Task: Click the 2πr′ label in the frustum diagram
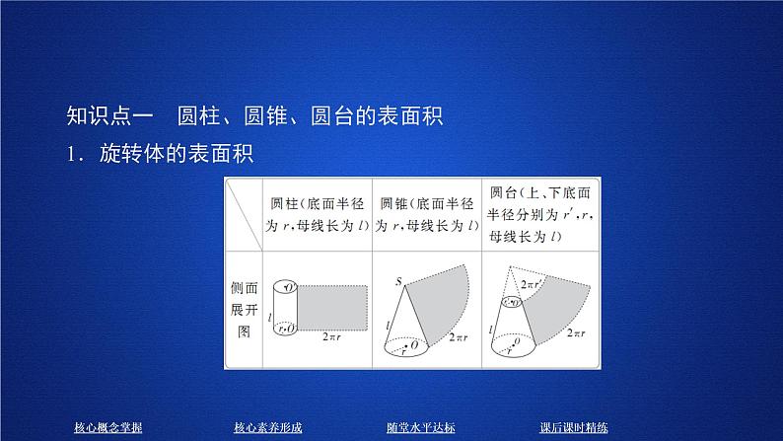[530, 285]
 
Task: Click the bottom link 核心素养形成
[267, 427]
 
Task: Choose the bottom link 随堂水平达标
[420, 427]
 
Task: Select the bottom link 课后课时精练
[574, 427]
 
